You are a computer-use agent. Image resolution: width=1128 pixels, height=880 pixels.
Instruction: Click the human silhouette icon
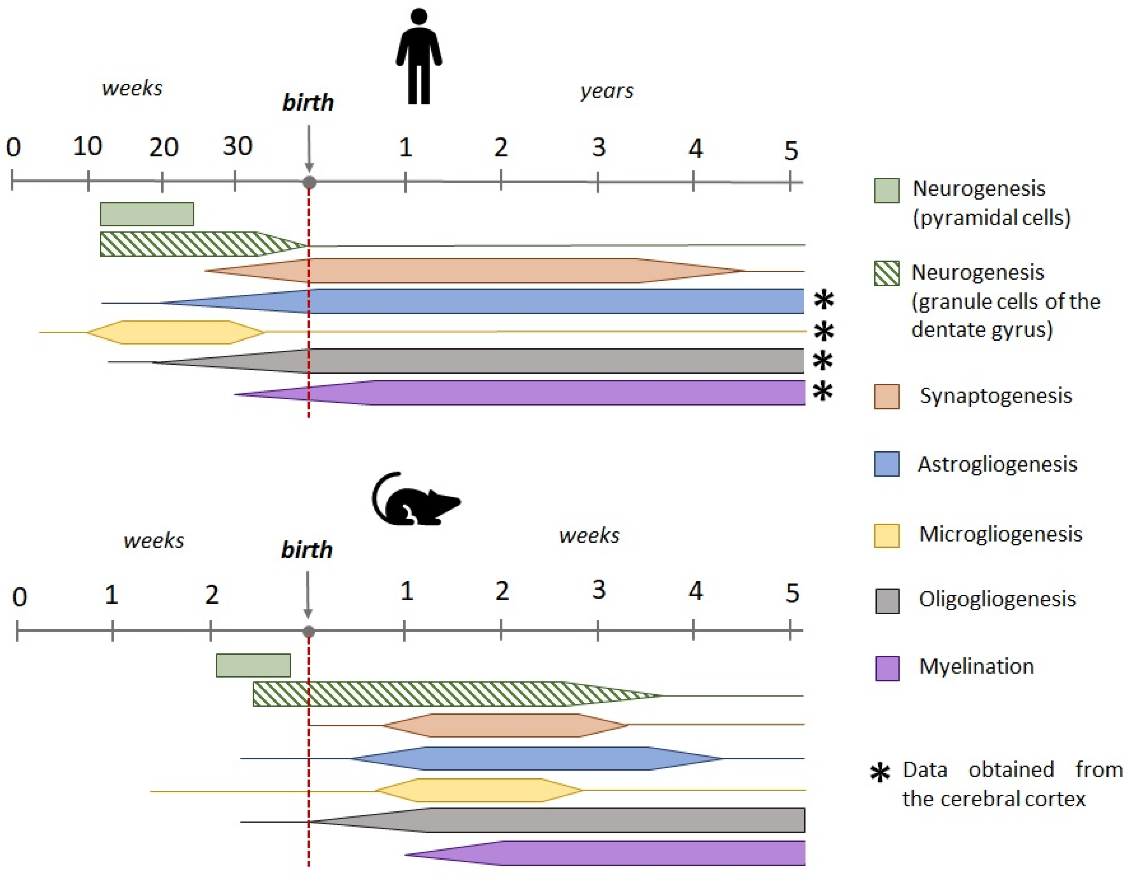pos(419,57)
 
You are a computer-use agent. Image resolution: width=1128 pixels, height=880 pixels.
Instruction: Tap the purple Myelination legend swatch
pos(887,668)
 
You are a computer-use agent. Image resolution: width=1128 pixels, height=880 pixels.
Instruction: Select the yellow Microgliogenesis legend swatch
pos(887,536)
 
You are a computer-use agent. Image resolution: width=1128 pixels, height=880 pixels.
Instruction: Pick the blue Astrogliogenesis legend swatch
pos(887,464)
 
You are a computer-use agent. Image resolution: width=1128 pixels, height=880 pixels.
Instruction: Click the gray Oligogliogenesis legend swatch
pos(887,601)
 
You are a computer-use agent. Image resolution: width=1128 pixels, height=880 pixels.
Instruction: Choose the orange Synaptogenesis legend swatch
pos(887,397)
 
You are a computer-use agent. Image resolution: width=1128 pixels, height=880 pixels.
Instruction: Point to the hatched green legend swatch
pos(887,273)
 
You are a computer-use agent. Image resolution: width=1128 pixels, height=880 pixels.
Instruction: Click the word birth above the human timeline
pos(308,103)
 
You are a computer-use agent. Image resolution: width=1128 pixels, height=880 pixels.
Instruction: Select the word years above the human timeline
pos(607,91)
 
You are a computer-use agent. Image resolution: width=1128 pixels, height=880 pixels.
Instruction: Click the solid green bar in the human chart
pos(147,214)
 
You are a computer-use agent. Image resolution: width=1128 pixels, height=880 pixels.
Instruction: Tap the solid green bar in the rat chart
pos(253,665)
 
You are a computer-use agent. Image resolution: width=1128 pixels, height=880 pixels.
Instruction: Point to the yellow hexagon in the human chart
pos(176,332)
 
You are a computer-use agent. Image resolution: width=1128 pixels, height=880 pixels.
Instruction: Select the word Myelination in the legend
pos(977,667)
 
